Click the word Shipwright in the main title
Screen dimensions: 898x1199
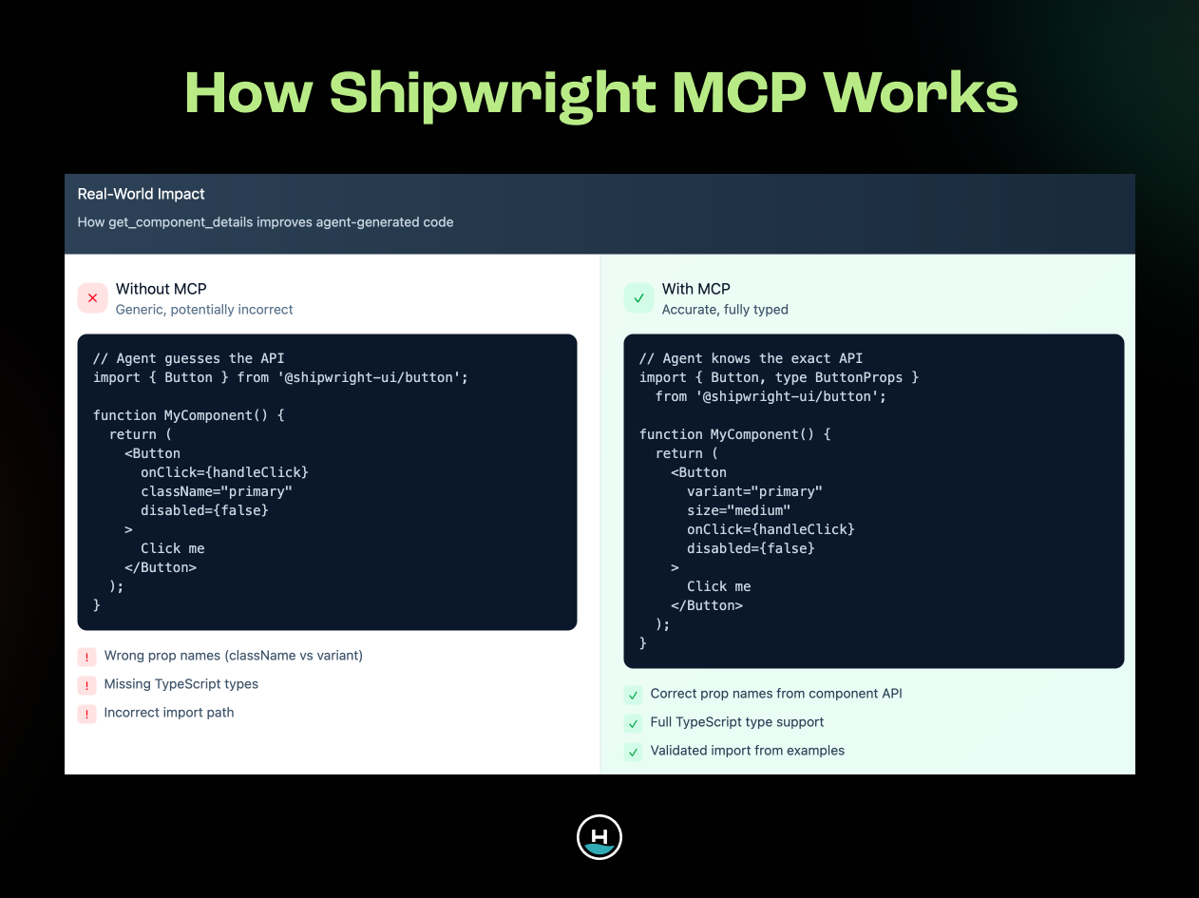pyautogui.click(x=492, y=94)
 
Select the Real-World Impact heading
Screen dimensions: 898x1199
pyautogui.click(x=141, y=194)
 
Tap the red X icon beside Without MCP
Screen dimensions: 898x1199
pyautogui.click(x=92, y=298)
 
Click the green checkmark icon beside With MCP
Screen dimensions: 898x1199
pyautogui.click(x=638, y=298)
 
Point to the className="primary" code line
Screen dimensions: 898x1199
pyautogui.click(x=216, y=491)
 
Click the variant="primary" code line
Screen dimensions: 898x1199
pyautogui.click(x=754, y=491)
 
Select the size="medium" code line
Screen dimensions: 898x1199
pyautogui.click(x=738, y=510)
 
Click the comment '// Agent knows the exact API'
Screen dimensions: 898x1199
pyautogui.click(x=751, y=358)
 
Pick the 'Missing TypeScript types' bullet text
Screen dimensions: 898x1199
pyautogui.click(x=181, y=684)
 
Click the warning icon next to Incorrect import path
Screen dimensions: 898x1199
pyautogui.click(x=87, y=714)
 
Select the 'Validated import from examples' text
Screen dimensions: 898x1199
pyautogui.click(x=747, y=751)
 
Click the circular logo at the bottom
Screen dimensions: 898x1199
pyautogui.click(x=599, y=837)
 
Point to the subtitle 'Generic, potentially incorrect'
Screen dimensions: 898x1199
pyautogui.click(x=204, y=310)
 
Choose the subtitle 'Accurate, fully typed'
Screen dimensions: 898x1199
pyautogui.click(x=725, y=310)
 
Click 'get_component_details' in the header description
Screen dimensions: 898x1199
pyautogui.click(x=177, y=222)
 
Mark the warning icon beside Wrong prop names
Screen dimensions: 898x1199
pyautogui.click(x=87, y=657)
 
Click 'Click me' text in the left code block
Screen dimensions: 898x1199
pyautogui.click(x=172, y=548)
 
